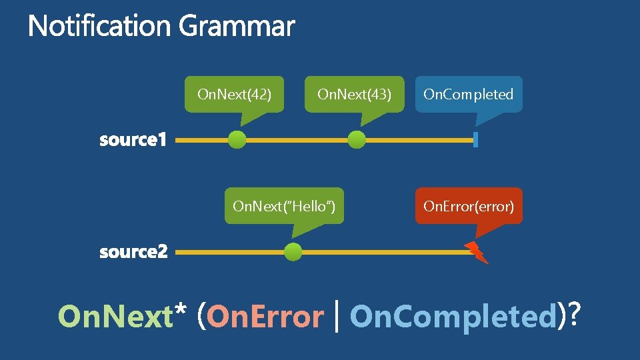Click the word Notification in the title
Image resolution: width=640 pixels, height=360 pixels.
(x=100, y=27)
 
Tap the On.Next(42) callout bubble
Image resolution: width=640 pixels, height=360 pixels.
(x=234, y=94)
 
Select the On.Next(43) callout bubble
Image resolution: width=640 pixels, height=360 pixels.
(x=354, y=94)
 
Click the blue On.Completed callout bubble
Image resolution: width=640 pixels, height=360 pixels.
(x=469, y=94)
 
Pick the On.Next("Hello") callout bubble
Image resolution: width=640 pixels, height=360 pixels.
(x=283, y=206)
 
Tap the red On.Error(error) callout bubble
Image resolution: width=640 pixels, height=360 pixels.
(x=469, y=206)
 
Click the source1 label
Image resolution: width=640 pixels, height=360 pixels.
(x=133, y=141)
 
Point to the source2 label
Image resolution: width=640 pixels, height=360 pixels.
(x=133, y=252)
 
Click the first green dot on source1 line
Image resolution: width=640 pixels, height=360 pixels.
(x=237, y=140)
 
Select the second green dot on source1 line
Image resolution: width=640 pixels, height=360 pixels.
(x=357, y=140)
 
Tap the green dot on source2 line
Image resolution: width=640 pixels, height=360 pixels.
(x=293, y=252)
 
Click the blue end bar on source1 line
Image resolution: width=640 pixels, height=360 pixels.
(x=475, y=140)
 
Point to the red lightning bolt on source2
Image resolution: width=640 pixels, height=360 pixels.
(x=477, y=252)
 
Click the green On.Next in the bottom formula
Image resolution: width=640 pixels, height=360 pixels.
(x=115, y=317)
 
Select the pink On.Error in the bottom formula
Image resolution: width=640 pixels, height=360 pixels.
(x=265, y=317)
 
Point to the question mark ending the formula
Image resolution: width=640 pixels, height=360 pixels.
(x=571, y=315)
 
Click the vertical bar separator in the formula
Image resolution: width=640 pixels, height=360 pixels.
(x=337, y=316)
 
